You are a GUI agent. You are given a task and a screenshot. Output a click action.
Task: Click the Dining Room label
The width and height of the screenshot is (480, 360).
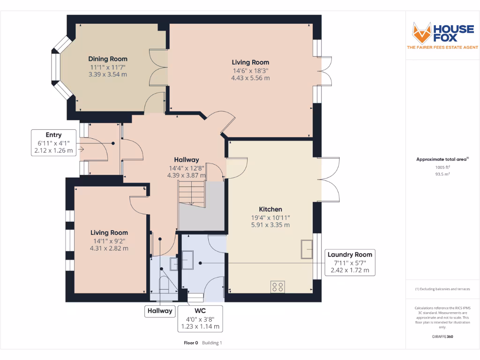[108, 59]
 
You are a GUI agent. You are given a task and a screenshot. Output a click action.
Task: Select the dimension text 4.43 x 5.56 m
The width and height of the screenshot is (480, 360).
[250, 78]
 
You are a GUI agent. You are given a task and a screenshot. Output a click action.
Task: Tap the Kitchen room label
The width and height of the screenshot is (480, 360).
[270, 209]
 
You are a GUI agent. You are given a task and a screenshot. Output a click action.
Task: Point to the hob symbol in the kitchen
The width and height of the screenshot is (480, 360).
[277, 286]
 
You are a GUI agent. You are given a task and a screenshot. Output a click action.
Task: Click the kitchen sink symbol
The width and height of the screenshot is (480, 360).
[307, 248]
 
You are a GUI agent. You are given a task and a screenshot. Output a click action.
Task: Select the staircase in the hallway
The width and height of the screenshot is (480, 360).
[191, 194]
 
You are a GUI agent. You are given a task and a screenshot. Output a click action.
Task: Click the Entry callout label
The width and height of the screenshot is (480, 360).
[53, 135]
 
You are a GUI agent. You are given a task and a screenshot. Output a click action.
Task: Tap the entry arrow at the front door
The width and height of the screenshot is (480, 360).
[81, 149]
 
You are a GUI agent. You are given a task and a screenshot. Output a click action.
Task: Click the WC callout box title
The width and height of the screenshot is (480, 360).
[200, 311]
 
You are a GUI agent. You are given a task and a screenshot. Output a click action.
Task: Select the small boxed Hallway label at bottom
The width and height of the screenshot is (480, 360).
[160, 310]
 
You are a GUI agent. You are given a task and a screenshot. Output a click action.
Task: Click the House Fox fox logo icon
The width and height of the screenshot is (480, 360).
[421, 33]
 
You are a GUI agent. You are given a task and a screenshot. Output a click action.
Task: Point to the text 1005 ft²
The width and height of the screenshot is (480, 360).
[442, 167]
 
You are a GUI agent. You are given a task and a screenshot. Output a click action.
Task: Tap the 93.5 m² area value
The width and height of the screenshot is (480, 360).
[442, 174]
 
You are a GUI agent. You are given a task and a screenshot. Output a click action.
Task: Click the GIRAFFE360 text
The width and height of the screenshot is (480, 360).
[442, 337]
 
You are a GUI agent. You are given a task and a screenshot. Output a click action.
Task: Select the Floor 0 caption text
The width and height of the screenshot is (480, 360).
[191, 343]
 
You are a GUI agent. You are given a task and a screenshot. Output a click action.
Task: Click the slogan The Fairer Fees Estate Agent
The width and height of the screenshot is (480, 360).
[442, 47]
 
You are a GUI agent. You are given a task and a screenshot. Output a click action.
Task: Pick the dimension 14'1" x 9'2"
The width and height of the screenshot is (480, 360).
[109, 241]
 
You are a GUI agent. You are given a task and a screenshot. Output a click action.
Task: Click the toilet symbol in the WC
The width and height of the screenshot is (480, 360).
[164, 285]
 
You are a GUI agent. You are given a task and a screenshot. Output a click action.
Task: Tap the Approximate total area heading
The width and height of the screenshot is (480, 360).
[441, 159]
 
